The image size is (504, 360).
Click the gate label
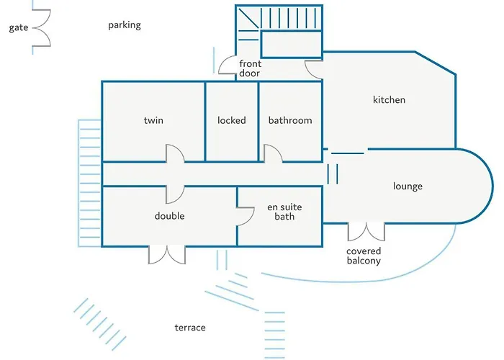19,27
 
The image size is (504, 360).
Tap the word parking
125,25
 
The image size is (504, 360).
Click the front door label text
250,68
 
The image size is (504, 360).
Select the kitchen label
389,99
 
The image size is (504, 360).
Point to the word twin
153,120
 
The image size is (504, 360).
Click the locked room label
231,120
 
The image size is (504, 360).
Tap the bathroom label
290,120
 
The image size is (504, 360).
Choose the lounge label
408,186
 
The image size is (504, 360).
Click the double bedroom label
169,216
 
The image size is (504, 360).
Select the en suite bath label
284,212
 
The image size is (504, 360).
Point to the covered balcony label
364,256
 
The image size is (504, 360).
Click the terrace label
190,328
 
